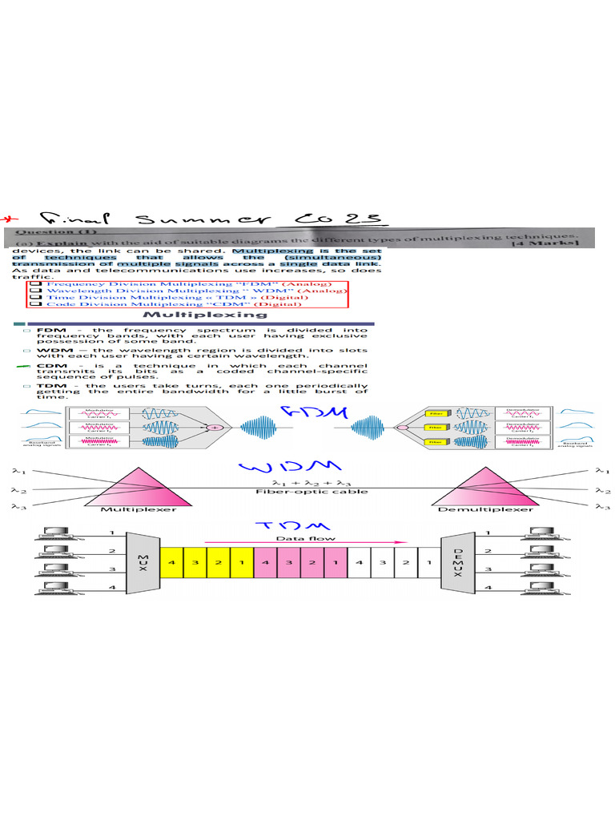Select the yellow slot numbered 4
coord(172,562)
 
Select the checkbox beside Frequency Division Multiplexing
coord(34,283)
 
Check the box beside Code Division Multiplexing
coord(34,303)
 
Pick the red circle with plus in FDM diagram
coord(214,429)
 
